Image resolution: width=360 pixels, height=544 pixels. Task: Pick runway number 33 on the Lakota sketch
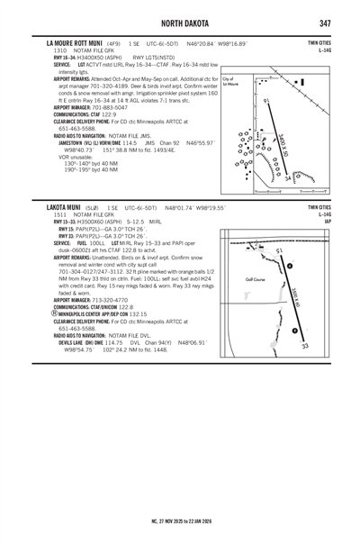coord(305,345)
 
